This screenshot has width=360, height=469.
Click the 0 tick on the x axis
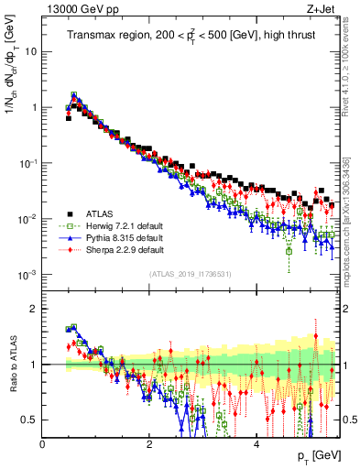tap(43, 442)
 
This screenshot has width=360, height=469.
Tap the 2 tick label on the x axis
tap(149, 442)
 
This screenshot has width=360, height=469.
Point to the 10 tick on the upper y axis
tap(30, 51)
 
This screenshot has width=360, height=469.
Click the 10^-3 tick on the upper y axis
tap(27, 275)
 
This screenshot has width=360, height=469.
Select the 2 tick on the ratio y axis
tap(33, 309)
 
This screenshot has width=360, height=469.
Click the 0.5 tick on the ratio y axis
tap(29, 420)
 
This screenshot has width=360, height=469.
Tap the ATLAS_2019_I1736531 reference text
tap(190, 274)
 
